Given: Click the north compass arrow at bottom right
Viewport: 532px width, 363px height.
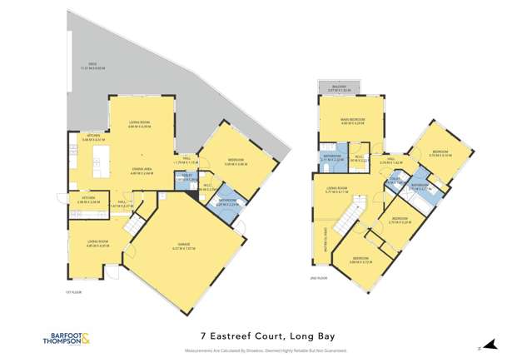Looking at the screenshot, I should point(490,345).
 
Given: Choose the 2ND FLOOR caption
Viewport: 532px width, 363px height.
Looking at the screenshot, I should point(316,276).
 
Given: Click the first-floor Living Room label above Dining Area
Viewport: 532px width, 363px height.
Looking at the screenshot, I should point(139,124).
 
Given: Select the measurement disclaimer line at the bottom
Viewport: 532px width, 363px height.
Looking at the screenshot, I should point(266,351).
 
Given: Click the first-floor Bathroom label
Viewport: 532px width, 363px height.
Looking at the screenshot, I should point(226,200).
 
